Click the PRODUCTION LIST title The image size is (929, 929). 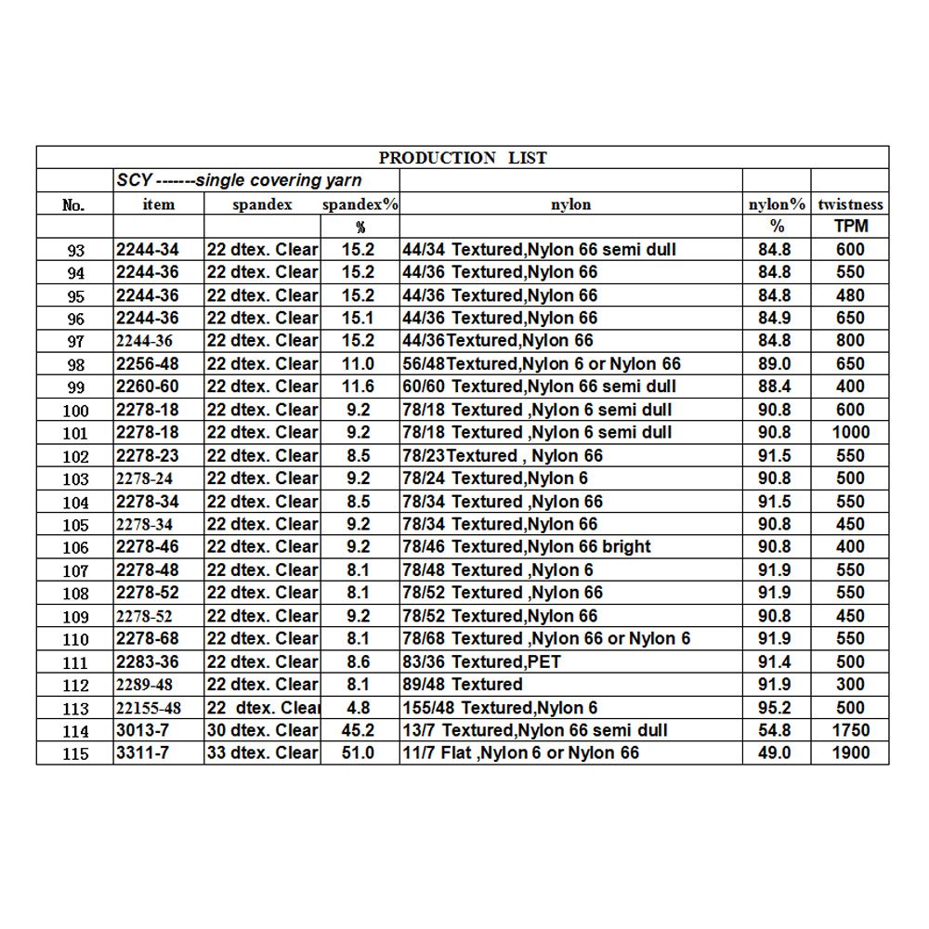463,158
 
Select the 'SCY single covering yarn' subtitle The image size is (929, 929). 240,180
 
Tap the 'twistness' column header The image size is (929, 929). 850,204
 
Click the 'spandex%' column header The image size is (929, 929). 360,204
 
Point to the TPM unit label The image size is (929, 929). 850,227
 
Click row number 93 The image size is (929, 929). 75,250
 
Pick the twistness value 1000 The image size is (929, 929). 850,432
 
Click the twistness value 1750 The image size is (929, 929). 850,730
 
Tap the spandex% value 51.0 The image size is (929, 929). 360,752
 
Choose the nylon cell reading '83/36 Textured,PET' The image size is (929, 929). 481,661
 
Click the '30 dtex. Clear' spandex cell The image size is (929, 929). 262,730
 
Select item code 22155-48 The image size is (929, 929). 150,708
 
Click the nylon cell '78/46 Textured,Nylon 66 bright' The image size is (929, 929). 526,546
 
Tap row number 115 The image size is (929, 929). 75,753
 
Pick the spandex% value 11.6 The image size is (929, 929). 360,386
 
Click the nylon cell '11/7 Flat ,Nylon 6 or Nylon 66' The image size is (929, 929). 520,752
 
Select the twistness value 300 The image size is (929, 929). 850,685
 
